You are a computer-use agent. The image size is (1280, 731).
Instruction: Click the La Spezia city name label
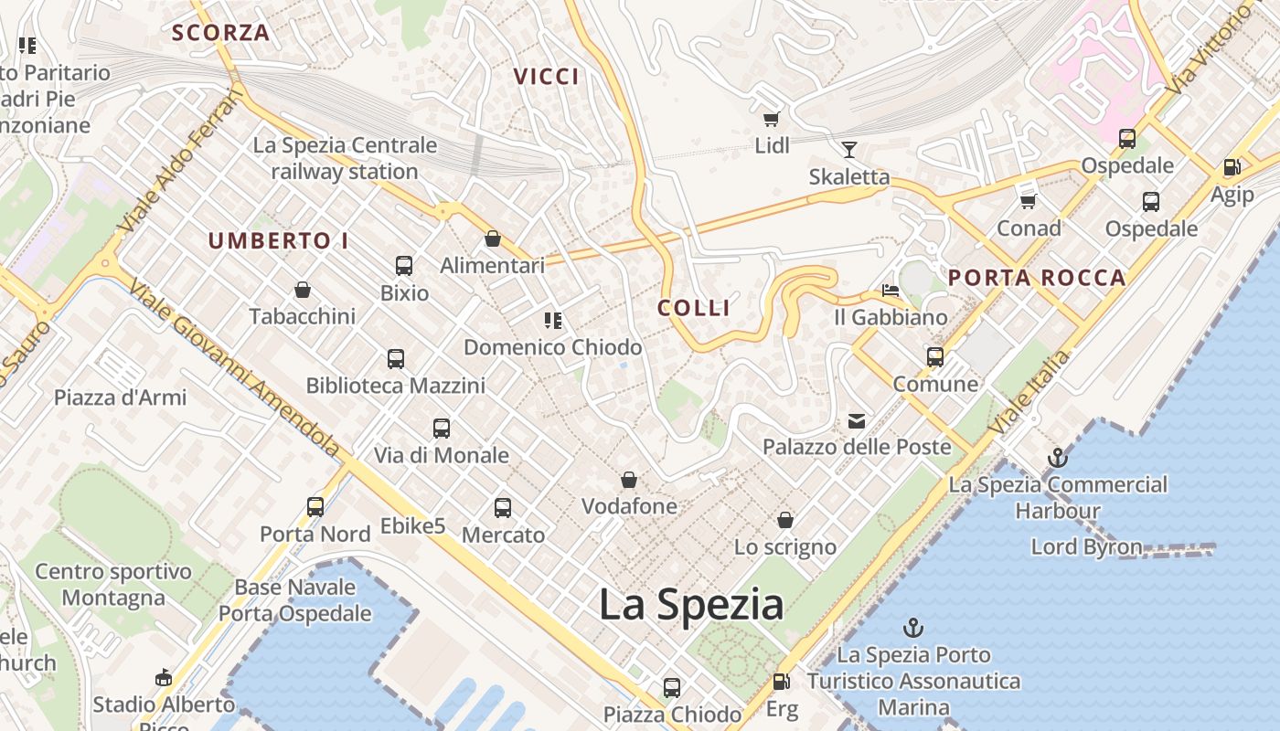(x=691, y=605)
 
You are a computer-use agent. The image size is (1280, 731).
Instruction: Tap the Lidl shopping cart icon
(x=771, y=119)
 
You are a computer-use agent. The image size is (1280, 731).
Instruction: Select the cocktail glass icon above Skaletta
(x=849, y=150)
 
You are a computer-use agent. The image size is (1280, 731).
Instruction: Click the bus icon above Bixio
(x=404, y=266)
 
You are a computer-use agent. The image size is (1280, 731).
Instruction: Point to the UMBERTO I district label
(x=279, y=241)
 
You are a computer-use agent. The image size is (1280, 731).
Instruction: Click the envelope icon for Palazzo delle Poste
(x=857, y=421)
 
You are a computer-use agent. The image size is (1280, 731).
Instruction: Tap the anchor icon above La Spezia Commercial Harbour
(x=1058, y=457)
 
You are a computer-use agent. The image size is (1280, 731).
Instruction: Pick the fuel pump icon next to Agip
(x=1232, y=167)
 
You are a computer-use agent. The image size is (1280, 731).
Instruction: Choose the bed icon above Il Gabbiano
(x=891, y=291)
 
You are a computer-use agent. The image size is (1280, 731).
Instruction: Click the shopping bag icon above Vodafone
(x=629, y=480)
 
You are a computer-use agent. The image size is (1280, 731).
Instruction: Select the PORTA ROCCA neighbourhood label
(x=1037, y=279)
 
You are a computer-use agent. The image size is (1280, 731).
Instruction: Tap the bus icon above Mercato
(x=503, y=508)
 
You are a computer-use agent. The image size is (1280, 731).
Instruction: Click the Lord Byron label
(x=1086, y=547)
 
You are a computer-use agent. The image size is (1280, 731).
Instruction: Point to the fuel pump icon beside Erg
(x=781, y=682)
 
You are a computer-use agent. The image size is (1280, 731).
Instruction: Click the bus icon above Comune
(x=935, y=357)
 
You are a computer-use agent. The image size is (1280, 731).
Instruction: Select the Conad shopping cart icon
(x=1029, y=201)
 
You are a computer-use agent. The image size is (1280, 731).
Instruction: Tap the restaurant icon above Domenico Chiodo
(x=552, y=321)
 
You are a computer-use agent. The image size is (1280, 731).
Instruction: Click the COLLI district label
(x=694, y=308)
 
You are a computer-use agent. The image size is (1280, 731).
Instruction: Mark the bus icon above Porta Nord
(x=315, y=506)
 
